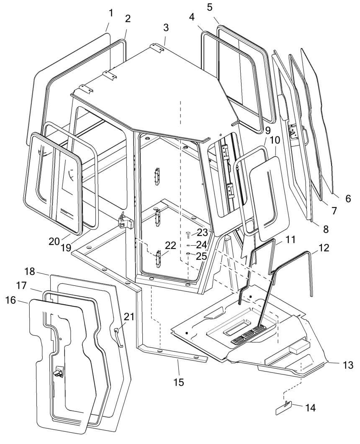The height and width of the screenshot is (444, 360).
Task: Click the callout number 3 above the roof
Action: click(x=166, y=28)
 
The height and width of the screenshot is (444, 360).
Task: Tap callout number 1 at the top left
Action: click(x=111, y=13)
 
